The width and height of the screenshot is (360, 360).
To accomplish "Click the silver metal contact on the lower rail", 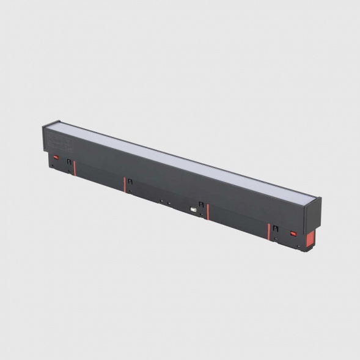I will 193,209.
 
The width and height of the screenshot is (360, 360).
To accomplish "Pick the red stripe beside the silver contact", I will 208,211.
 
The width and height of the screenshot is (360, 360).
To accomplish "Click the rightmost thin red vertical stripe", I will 268,231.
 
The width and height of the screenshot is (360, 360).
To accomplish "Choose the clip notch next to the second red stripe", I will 130,181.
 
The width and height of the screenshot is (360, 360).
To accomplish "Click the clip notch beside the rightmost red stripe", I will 274,229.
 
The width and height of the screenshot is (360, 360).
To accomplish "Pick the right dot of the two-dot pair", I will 167,202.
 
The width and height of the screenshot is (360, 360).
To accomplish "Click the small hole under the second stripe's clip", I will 130,191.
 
